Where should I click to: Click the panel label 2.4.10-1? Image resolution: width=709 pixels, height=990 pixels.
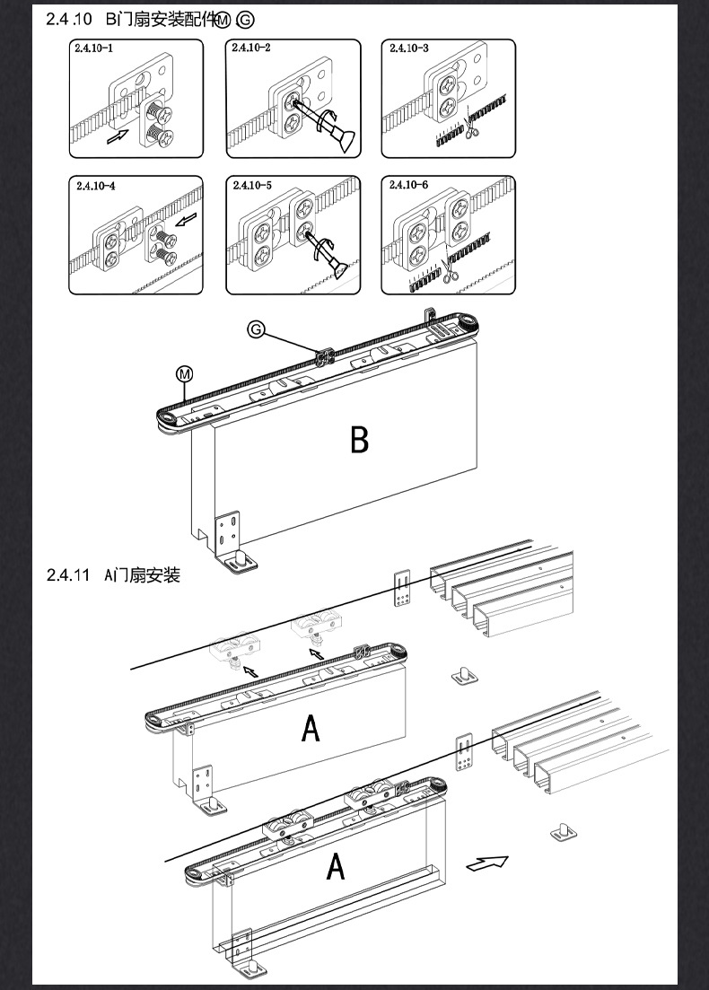pos(94,48)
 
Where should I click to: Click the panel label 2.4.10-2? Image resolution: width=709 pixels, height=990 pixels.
pos(250,47)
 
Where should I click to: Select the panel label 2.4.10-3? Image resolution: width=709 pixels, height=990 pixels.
pos(409,47)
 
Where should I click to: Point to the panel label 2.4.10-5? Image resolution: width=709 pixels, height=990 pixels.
pos(252,186)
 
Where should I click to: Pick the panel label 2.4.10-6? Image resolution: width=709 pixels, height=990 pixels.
pos(409,185)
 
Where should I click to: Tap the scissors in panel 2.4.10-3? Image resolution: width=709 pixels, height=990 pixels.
pos(470,132)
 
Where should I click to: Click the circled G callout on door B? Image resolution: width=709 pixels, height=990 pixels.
pos(256,330)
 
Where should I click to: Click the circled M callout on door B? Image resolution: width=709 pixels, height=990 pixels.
pos(183,371)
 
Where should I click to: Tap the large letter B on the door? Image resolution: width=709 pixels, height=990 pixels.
pos(359,440)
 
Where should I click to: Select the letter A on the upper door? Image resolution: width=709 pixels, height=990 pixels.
pos(310,728)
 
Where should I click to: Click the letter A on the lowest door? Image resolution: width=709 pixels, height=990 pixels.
pos(335,867)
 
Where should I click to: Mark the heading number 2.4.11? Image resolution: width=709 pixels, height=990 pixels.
pos(68,575)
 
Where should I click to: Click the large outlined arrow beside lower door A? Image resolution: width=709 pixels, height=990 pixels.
pos(487,863)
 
